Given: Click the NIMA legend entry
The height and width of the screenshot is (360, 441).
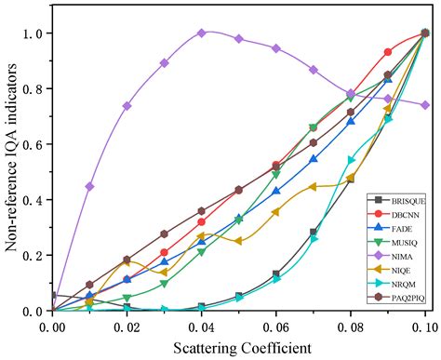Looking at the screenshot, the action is (394, 257).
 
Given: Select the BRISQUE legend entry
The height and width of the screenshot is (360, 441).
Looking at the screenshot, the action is (396, 201).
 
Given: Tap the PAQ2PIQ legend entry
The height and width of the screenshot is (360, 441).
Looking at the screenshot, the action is (396, 298).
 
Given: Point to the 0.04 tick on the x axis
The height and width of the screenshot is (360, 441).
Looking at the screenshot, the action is (202, 327).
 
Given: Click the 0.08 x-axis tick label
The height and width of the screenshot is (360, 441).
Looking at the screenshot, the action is (351, 327).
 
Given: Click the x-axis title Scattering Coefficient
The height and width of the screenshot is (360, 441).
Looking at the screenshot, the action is (242, 348).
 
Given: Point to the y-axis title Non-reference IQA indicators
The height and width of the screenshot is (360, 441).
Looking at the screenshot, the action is (11, 158).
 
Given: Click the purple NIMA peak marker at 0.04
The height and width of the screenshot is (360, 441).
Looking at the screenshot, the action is (202, 33).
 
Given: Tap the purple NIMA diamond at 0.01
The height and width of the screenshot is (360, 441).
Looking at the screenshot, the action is (89, 186).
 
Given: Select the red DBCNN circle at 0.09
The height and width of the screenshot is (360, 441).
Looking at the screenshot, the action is (388, 52).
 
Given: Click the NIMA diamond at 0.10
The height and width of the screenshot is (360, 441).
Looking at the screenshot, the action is (425, 105).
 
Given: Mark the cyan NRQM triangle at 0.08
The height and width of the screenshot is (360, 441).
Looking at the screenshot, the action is (352, 160).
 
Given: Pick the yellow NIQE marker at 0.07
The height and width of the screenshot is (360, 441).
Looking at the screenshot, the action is (313, 187).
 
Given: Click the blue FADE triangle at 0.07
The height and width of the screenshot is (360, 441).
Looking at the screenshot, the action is (314, 158).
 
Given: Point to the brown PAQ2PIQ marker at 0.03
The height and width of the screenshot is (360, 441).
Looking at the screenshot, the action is (165, 233).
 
